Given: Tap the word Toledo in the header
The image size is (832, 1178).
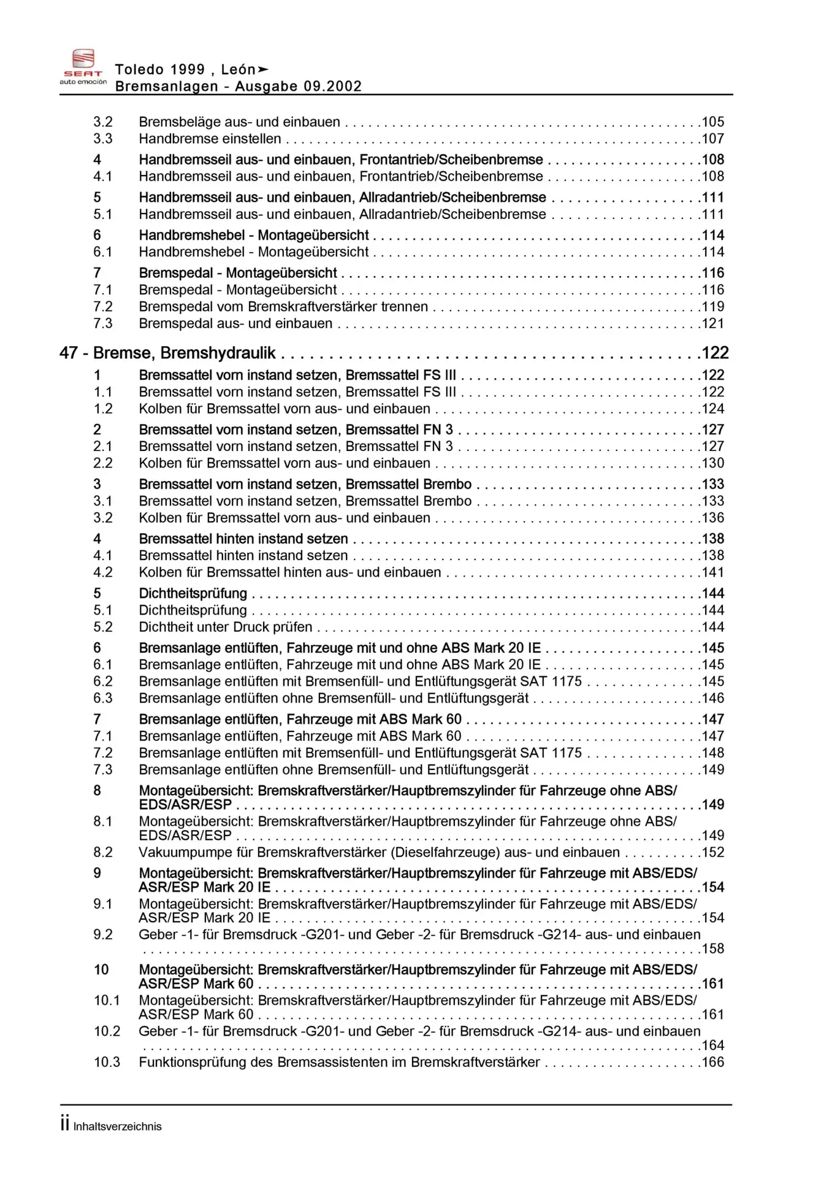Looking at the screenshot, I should [x=139, y=70].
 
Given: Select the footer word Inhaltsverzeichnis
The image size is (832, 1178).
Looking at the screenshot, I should [x=117, y=1126].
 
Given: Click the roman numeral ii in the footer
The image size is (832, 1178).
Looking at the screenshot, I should [x=64, y=1124].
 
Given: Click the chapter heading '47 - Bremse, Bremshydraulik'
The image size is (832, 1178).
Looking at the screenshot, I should [x=167, y=353].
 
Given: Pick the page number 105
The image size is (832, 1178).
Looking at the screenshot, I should [x=712, y=122].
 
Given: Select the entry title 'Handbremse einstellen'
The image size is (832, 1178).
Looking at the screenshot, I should [x=210, y=139].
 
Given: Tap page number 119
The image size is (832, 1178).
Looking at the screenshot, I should [x=712, y=307].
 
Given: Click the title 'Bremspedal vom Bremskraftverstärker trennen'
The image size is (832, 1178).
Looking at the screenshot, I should [x=283, y=307].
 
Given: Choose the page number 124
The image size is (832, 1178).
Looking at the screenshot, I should [x=712, y=409].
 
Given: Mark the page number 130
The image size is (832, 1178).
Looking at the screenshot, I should [x=712, y=463].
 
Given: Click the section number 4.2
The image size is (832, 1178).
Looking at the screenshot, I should [x=103, y=572].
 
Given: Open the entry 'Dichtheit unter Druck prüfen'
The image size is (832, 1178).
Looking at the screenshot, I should [x=225, y=627].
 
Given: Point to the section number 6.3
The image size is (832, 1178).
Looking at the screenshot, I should [x=103, y=698].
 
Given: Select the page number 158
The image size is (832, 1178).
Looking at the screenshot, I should [x=712, y=949].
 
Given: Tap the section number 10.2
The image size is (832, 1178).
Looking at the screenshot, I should [x=107, y=1031].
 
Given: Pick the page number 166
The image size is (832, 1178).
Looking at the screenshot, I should [x=712, y=1062].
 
